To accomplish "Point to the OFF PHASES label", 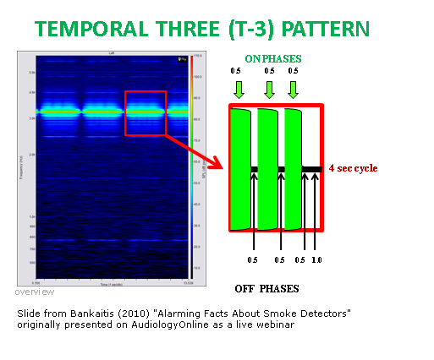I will coord(267,287).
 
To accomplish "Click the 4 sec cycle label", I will coord(353,168).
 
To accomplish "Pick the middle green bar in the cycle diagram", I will coord(268,169).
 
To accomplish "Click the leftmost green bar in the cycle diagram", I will coord(241,169).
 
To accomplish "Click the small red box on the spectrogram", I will coord(146,112).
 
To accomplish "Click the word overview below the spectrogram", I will coord(34,292).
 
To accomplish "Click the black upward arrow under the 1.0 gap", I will coord(316,211).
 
